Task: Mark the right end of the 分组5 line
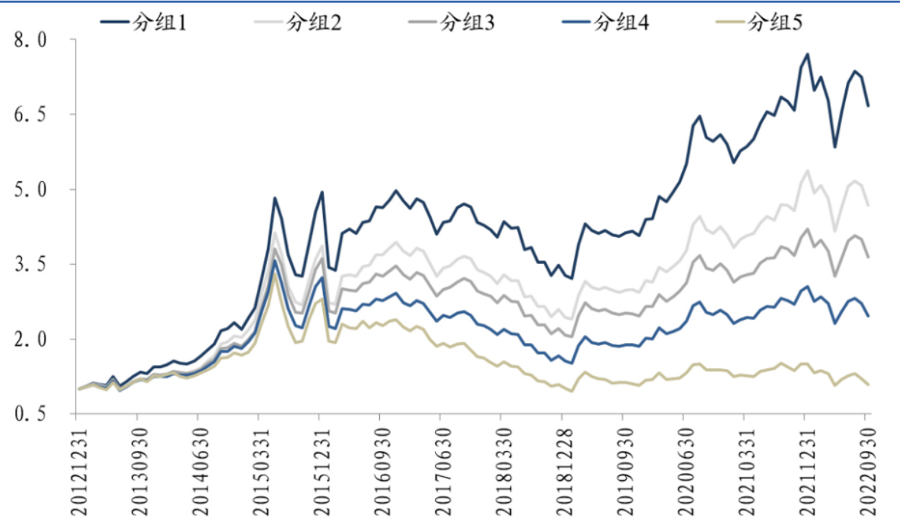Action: (x=868, y=385)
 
